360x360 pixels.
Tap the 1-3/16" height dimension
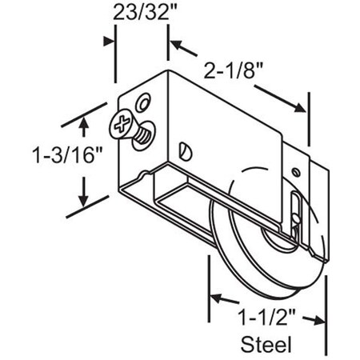pyautogui.click(x=58, y=154)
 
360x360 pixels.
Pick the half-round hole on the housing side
pyautogui.click(x=186, y=147)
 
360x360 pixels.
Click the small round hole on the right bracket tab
pyautogui.click(x=295, y=171)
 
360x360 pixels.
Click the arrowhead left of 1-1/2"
pyautogui.click(x=216, y=298)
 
